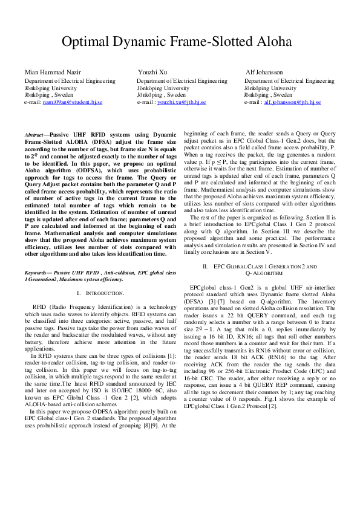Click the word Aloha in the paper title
click(x=271, y=42)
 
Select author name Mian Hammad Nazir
click(x=53, y=72)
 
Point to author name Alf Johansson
click(x=264, y=72)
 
